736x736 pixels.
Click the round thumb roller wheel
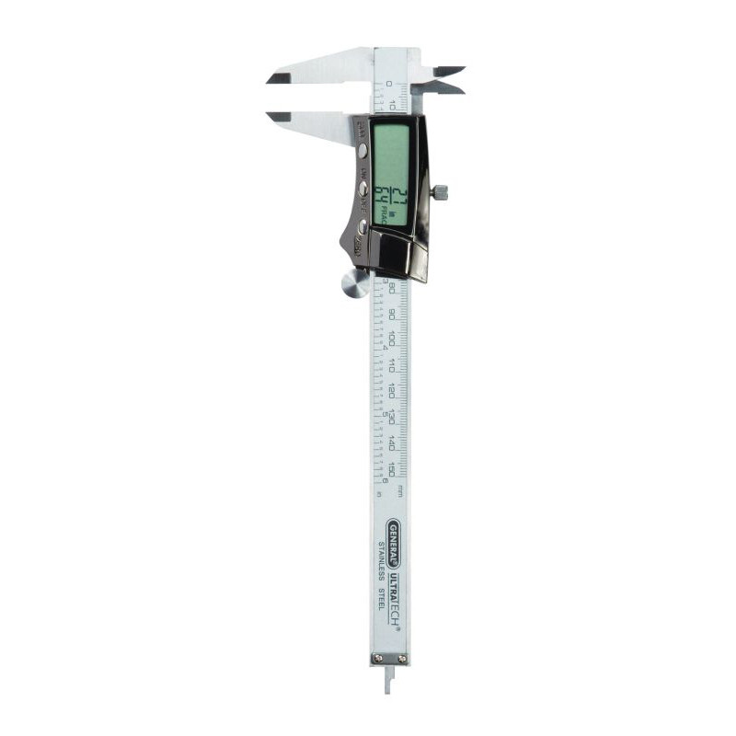pos(354,284)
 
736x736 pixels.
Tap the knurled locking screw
pos(441,191)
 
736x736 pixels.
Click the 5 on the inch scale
pos(385,415)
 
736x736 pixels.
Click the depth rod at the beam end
pos(386,679)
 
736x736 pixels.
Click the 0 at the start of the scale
pos(389,83)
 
